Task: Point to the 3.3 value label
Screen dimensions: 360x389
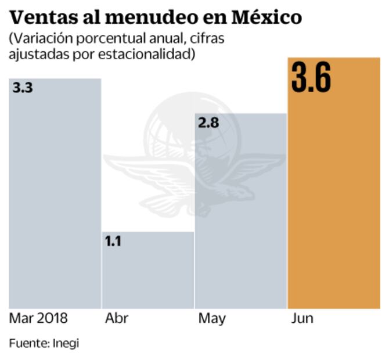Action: click(x=23, y=89)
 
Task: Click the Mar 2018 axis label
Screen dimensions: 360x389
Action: click(x=38, y=319)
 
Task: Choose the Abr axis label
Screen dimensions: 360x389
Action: click(x=117, y=319)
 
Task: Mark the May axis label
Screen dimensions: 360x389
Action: click(x=212, y=319)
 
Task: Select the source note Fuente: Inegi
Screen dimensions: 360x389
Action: click(x=44, y=343)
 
